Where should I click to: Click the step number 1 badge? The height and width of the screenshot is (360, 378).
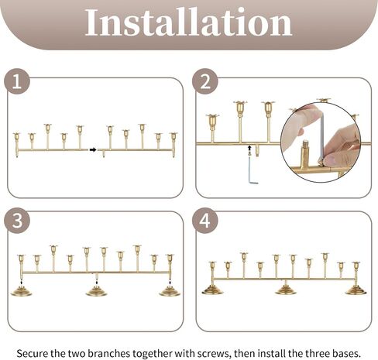pyautogui.click(x=17, y=81)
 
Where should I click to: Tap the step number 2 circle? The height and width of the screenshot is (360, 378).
pyautogui.click(x=205, y=81)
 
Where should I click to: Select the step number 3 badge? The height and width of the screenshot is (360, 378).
pyautogui.click(x=17, y=221)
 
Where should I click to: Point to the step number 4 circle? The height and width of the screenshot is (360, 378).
pyautogui.click(x=205, y=221)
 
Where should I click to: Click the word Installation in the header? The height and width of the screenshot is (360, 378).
pyautogui.click(x=188, y=22)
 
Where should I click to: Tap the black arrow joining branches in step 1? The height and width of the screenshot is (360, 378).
pyautogui.click(x=93, y=149)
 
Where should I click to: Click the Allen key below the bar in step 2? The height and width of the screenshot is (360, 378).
pyautogui.click(x=253, y=170)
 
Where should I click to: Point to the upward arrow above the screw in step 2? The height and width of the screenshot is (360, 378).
pyautogui.click(x=249, y=148)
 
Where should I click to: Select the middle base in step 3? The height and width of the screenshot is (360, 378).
pyautogui.click(x=96, y=291)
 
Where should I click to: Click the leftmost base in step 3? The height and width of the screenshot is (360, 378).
pyautogui.click(x=21, y=291)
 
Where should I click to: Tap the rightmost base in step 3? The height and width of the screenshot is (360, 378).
pyautogui.click(x=170, y=291)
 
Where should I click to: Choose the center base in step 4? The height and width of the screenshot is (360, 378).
pyautogui.click(x=286, y=290)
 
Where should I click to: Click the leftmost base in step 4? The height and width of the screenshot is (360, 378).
pyautogui.click(x=212, y=290)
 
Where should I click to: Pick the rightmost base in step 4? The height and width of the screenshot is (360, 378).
pyautogui.click(x=356, y=290)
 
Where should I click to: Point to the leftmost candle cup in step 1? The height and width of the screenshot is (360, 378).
pyautogui.click(x=16, y=137)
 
